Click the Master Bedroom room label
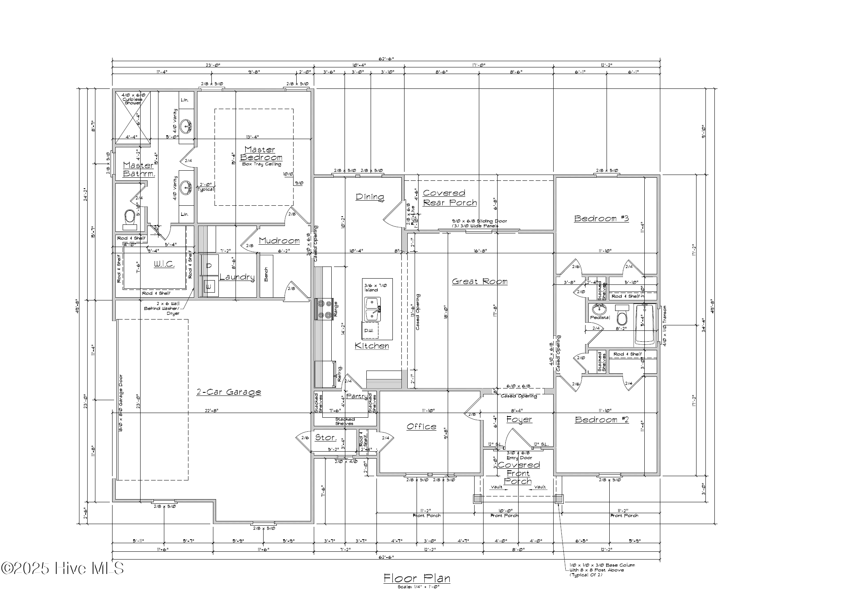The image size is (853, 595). [261, 154]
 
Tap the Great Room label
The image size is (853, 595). [480, 281]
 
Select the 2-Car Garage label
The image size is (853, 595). [229, 392]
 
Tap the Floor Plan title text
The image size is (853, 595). [417, 578]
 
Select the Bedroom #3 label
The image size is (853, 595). [601, 218]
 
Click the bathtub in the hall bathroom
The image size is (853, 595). [645, 325]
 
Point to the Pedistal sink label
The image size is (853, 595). [600, 318]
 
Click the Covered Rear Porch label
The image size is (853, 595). [449, 198]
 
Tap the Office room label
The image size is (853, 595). [421, 427]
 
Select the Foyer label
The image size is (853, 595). [519, 419]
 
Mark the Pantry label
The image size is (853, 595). [356, 396]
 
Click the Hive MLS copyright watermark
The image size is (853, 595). [62, 568]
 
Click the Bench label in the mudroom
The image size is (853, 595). [266, 274]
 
